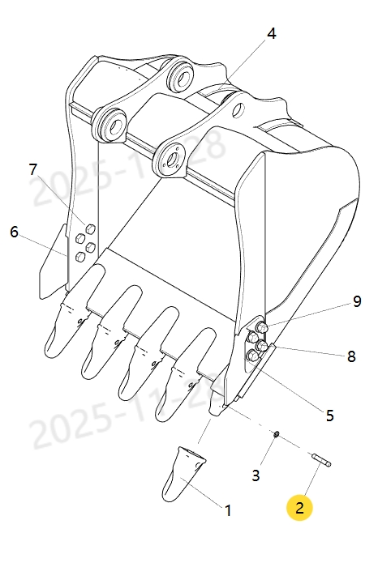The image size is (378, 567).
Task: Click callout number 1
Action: coord(228,511)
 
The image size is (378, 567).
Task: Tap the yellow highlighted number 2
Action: coord(299,508)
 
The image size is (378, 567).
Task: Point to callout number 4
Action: coord(271,34)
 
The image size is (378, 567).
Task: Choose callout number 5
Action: coord(329,416)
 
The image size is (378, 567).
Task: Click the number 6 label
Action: coord(14,232)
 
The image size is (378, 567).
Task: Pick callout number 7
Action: coord(32,170)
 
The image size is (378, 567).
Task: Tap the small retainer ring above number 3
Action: coord(276,436)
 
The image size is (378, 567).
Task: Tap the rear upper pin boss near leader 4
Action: coord(181,79)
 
